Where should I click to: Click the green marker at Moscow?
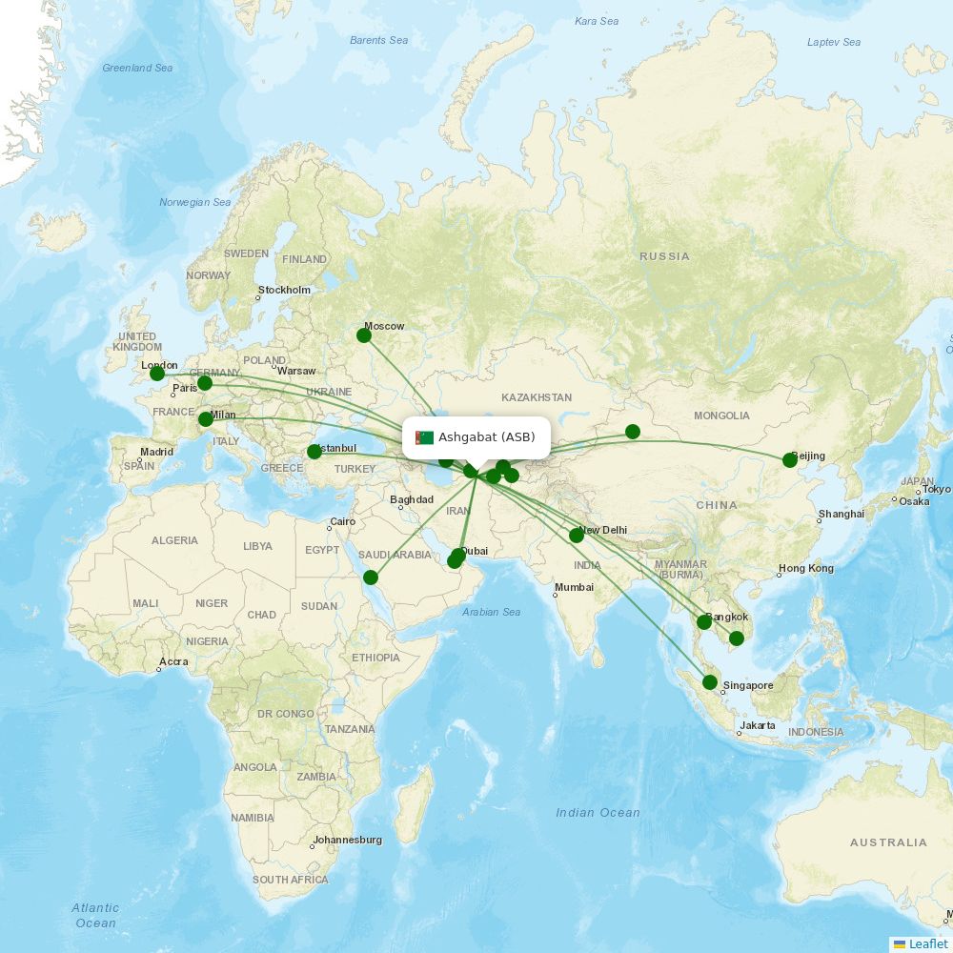pos(364,335)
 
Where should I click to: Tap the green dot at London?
pos(157,374)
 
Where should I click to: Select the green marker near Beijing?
pos(790,460)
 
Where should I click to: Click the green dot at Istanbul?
pos(314,452)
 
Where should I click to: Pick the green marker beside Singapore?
pos(710,682)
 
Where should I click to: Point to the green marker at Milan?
pos(205,419)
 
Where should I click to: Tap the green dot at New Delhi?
pos(577,536)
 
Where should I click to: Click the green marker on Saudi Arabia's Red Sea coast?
pos(371,578)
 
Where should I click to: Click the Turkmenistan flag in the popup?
pos(424,437)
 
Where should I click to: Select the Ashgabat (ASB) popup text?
pos(487,437)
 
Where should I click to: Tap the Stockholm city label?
pos(284,290)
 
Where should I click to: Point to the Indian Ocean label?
pos(598,812)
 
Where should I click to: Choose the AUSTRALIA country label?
pos(888,842)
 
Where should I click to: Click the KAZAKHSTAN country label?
pos(537,397)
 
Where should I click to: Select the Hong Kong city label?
pos(805,569)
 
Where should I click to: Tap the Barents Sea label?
pos(378,40)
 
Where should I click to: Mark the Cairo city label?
pos(341,522)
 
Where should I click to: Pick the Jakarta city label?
pos(757,725)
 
